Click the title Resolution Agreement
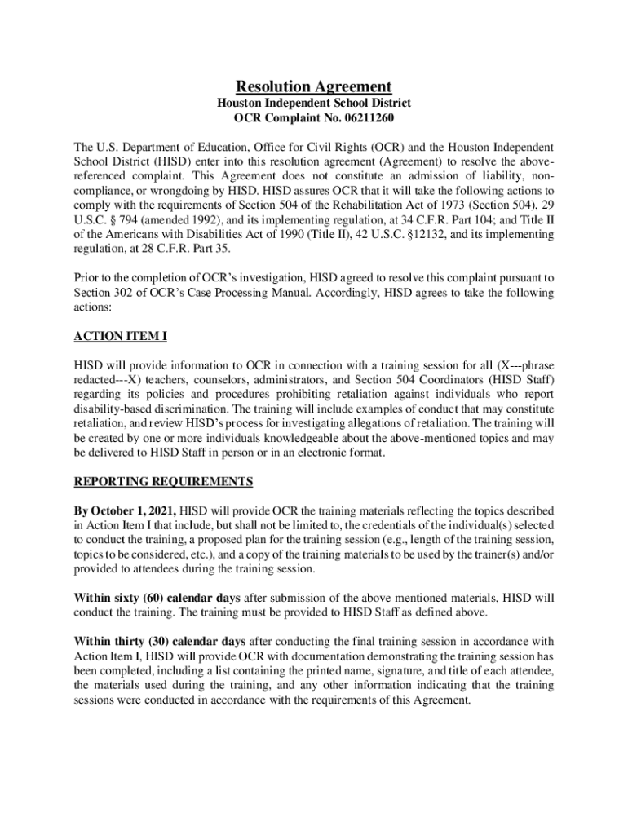(314, 86)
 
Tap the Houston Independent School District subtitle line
(314, 104)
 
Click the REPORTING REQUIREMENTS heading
(164, 481)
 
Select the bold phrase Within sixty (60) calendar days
(157, 598)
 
